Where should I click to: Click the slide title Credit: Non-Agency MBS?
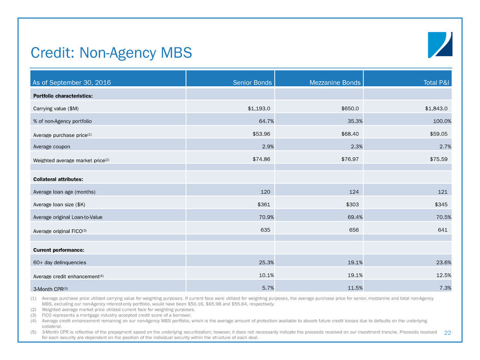pos(111,52)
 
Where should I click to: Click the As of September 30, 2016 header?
pos(72,82)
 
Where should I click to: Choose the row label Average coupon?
pos(52,147)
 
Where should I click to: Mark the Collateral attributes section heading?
pos(58,179)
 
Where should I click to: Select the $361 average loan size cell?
pos(262,204)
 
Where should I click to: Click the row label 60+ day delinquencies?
pos(60,262)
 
